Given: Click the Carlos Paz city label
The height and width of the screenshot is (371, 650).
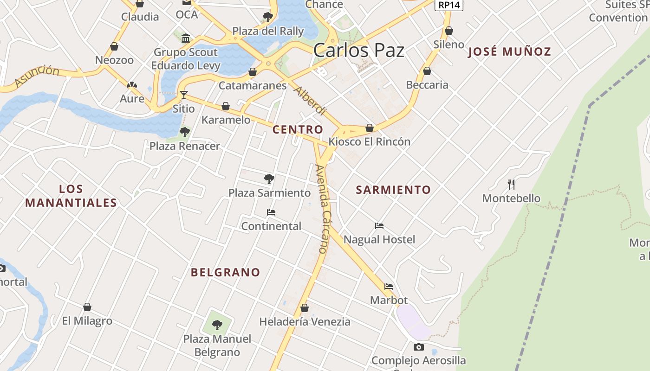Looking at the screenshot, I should pos(358,50).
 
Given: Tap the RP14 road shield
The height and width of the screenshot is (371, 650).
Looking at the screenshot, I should pos(448,5).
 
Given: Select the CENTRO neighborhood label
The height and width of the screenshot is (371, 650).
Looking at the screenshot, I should pos(298,130).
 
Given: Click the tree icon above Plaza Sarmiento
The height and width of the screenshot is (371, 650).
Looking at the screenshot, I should pos(269,179).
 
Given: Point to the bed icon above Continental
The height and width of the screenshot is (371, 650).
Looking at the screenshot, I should pos(271,212).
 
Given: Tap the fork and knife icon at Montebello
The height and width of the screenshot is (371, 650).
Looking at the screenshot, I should pos(511,185).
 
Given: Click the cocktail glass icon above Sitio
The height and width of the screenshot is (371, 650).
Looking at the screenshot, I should pos(184,95).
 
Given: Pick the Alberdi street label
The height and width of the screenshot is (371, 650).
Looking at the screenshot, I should pos(310,101).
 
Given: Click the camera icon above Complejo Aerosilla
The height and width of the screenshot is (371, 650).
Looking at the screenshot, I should pos(418,347).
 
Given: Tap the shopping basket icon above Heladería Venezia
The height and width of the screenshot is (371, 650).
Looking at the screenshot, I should pos(305,307).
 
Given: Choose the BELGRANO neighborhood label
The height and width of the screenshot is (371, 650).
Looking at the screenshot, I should pos(226,272).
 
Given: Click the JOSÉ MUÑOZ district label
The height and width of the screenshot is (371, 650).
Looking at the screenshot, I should pos(509,51).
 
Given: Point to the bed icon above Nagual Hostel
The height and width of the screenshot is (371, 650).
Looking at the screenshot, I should pos(379,226).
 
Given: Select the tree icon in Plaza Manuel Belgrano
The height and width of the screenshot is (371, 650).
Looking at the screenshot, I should pos(217,325).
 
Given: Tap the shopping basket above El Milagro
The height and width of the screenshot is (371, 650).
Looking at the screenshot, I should pos(87,307).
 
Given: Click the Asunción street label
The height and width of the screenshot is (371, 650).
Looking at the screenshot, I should pos(37,76).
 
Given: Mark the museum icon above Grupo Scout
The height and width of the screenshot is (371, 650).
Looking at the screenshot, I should pos(186,38).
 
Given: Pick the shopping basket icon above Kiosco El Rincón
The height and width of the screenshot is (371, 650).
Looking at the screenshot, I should pos(370,128).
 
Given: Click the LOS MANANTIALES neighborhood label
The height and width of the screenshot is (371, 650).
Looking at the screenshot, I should pos(71,196).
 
